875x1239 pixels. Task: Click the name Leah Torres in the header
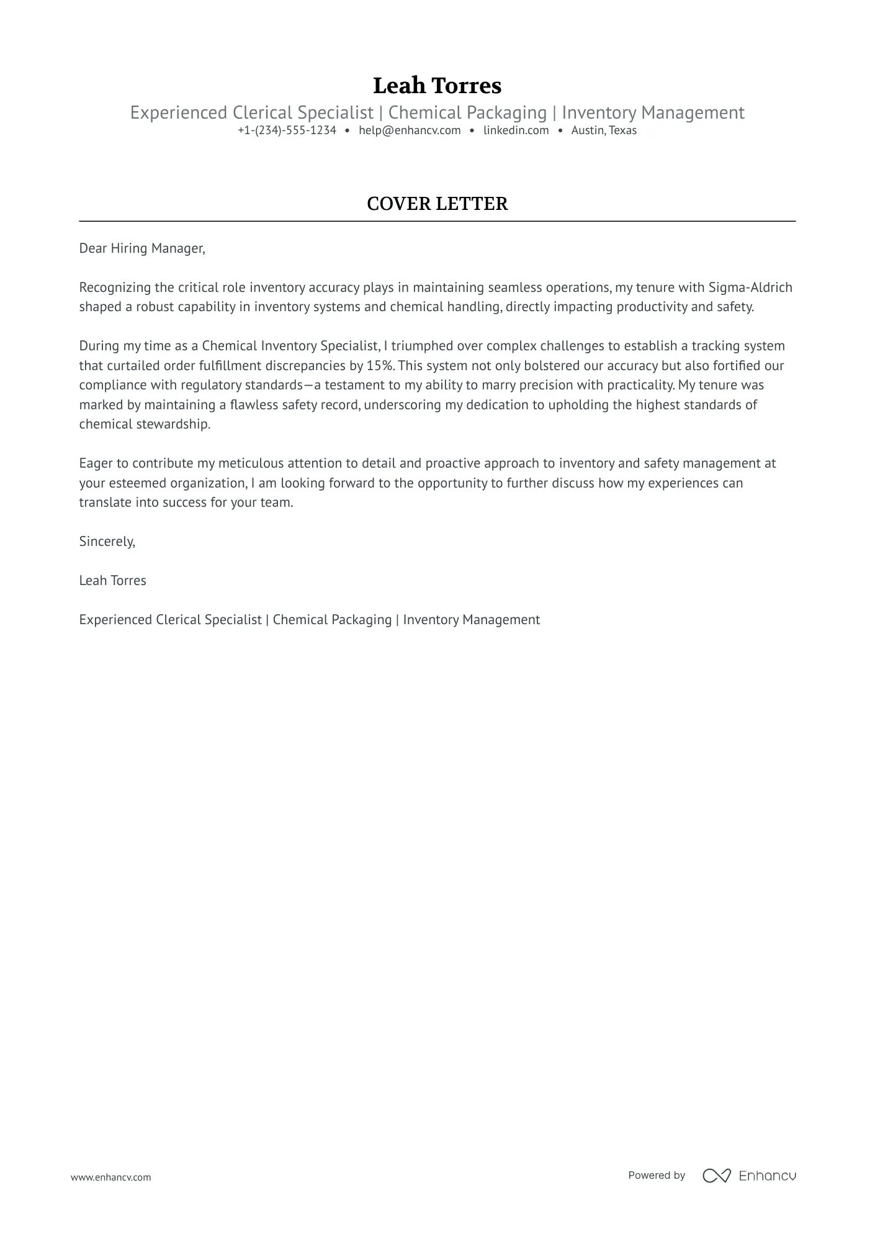click(x=437, y=86)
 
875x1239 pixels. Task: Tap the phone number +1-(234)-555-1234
click(x=287, y=130)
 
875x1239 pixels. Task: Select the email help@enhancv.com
click(x=410, y=130)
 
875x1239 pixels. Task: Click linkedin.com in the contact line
click(x=516, y=130)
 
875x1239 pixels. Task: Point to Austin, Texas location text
click(x=604, y=130)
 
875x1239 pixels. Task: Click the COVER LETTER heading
click(x=437, y=204)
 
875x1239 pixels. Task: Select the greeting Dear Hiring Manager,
click(x=142, y=248)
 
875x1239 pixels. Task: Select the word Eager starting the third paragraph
click(x=94, y=463)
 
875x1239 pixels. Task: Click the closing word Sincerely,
click(x=107, y=542)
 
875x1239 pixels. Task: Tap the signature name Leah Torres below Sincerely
click(x=112, y=581)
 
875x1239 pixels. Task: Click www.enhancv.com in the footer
click(x=110, y=1177)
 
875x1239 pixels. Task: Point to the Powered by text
click(x=656, y=1175)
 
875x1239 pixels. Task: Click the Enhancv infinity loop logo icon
click(x=716, y=1175)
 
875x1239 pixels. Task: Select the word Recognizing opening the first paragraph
click(x=115, y=288)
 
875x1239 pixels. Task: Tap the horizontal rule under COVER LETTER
click(x=437, y=221)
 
